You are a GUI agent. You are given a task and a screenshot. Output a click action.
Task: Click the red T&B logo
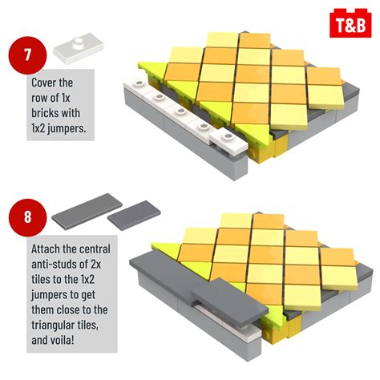348,21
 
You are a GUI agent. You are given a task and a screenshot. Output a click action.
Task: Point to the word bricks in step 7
47,112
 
